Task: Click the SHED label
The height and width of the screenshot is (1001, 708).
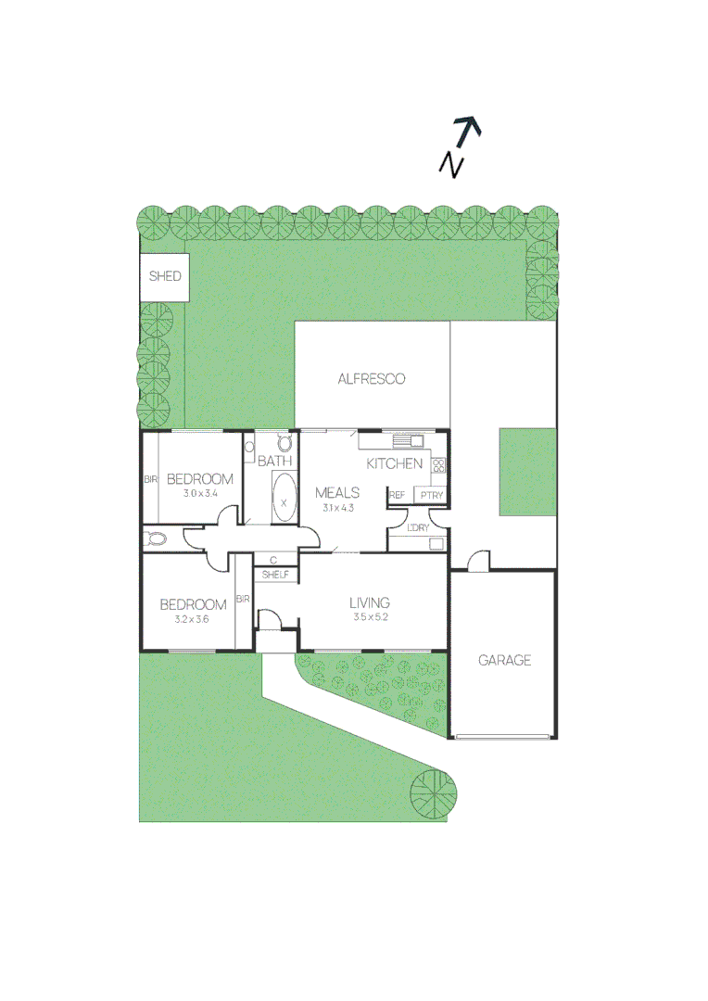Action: [x=165, y=276]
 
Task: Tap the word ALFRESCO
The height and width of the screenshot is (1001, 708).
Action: [x=371, y=379]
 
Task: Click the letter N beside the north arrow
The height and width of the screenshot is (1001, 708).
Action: [x=451, y=164]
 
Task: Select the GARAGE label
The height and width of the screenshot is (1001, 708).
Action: [x=504, y=661]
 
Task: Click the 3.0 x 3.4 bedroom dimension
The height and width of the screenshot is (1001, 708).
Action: [x=199, y=493]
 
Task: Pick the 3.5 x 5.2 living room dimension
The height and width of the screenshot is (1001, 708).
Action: [x=370, y=617]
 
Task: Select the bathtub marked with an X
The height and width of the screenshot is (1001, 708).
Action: [x=284, y=499]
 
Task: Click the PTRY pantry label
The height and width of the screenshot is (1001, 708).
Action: [x=432, y=496]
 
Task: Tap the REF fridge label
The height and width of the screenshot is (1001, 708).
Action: [x=398, y=496]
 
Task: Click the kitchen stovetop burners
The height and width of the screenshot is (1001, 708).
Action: [x=439, y=466]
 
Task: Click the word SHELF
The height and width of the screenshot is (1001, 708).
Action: [x=275, y=576]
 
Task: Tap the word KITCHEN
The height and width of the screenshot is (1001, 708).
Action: [x=395, y=463]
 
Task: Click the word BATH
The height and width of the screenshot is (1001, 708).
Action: [x=275, y=461]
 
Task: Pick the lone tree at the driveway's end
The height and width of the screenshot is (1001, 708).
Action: [x=434, y=794]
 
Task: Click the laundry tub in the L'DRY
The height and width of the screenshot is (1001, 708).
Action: [x=436, y=544]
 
